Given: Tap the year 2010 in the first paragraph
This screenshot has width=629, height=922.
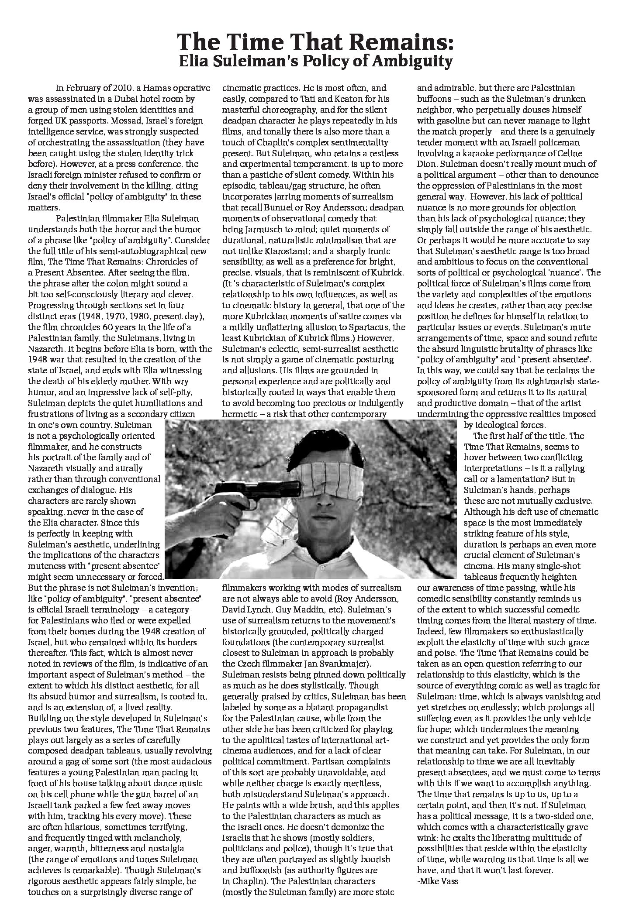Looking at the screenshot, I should point(114,88).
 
